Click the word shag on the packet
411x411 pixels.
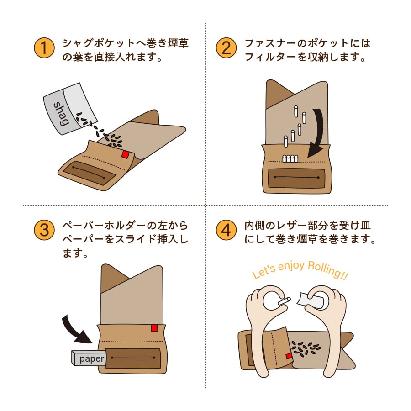(61, 113)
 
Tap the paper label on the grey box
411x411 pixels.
(92, 359)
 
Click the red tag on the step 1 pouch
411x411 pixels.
(125, 154)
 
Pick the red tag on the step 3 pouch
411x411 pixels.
(154, 328)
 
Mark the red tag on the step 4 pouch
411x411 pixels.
(288, 356)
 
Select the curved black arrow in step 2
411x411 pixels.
(319, 132)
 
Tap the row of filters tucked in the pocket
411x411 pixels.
(290, 159)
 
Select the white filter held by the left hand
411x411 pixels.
(284, 301)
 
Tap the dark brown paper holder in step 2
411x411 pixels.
(296, 177)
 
